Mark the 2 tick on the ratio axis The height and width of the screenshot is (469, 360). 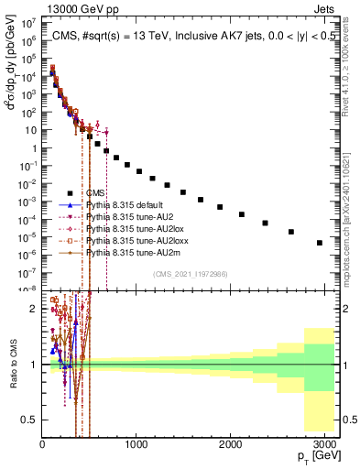tap(34, 309)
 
